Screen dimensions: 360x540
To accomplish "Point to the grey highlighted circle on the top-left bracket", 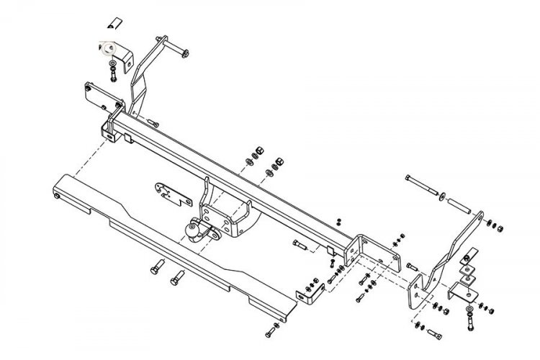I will (109, 49).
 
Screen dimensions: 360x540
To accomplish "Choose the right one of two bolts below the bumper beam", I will (176, 276).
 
